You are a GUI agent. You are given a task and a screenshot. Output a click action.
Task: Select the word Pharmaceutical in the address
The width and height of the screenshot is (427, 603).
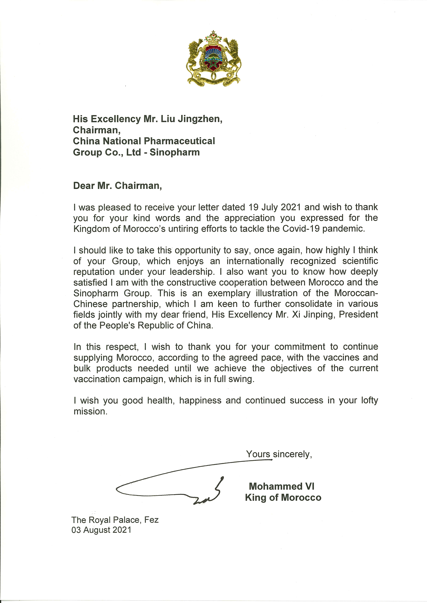[180, 141]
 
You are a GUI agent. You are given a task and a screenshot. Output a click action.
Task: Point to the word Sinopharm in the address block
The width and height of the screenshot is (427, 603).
[175, 152]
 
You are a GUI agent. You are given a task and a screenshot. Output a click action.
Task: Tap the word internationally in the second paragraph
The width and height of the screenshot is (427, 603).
[255, 261]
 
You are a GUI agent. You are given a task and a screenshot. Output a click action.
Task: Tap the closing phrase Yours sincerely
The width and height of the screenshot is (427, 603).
[279, 454]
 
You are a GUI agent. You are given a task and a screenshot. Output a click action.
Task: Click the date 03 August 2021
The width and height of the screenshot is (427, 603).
[101, 530]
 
